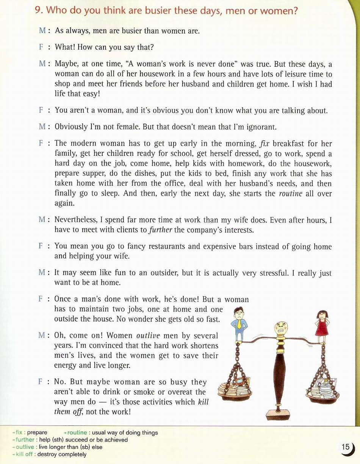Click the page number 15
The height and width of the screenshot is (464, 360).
(346, 447)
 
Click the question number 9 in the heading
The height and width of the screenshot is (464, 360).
(38, 11)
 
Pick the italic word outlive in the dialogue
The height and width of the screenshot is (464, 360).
(148, 336)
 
